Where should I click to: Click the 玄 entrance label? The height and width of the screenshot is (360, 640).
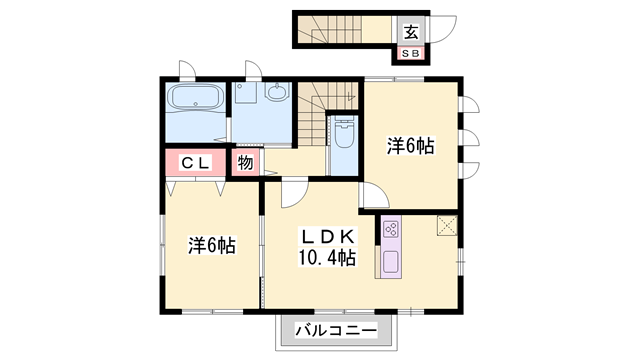click(412, 29)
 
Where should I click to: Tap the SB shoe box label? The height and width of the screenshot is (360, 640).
click(412, 53)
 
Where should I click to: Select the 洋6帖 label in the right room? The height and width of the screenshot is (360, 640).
click(410, 146)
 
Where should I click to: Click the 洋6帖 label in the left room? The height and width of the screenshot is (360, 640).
click(212, 244)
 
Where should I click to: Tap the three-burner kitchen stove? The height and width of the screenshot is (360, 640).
click(390, 233)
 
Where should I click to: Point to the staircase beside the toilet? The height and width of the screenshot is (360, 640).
click(314, 113)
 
